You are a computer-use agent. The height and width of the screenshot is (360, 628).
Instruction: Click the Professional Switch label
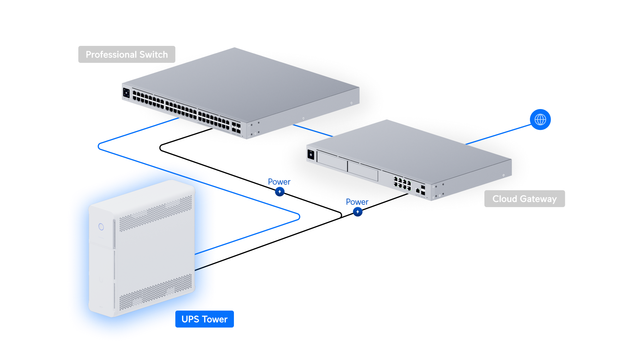click(127, 55)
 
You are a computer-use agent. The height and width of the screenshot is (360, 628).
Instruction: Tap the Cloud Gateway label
click(524, 199)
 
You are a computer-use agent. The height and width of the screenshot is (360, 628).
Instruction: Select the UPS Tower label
click(204, 319)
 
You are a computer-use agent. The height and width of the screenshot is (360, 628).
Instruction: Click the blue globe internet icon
click(540, 120)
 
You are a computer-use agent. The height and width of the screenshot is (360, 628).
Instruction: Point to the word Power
click(357, 202)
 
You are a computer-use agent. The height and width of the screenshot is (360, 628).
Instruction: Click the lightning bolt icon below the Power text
click(358, 212)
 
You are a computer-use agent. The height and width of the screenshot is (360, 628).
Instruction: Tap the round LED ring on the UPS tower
click(101, 227)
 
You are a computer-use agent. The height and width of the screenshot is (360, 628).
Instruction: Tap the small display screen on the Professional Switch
click(126, 94)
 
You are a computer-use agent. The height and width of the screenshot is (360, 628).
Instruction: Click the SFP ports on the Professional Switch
click(236, 127)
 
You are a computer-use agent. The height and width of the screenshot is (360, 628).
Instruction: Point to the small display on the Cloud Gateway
click(311, 155)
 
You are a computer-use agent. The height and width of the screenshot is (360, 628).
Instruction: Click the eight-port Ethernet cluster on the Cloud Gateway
click(402, 183)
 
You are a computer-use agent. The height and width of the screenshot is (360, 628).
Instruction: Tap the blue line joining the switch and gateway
click(313, 130)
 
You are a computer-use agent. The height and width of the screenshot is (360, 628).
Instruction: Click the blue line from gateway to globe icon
click(497, 134)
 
